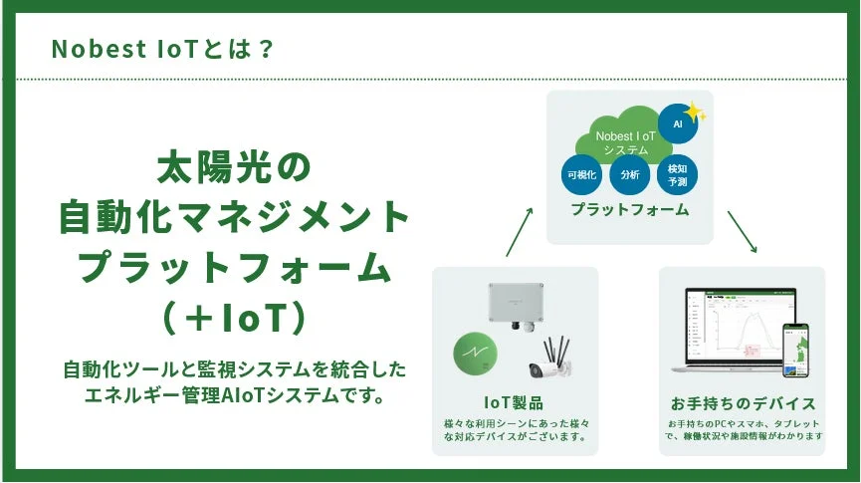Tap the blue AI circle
coord(678,123)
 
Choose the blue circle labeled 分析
coord(629,174)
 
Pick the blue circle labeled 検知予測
coord(678,174)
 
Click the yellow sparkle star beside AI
coord(695,113)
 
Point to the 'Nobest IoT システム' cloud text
coord(625,141)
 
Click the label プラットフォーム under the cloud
coord(629,210)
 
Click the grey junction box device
coord(521,304)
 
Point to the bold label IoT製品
coord(514,403)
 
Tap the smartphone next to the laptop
coord(796,351)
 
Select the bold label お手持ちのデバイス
coord(743,403)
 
